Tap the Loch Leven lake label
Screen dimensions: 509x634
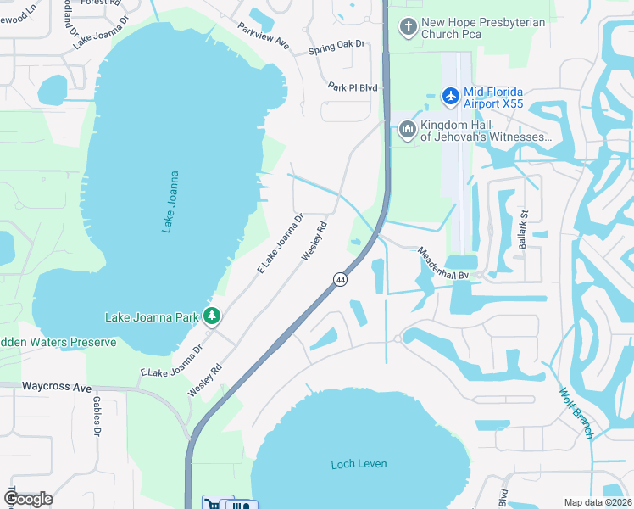(x=359, y=464)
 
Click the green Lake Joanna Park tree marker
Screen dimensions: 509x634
(x=212, y=317)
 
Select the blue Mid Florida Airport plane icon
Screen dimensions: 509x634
(x=450, y=97)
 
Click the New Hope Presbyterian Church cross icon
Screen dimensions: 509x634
(x=408, y=27)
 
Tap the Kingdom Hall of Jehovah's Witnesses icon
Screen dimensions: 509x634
(x=407, y=130)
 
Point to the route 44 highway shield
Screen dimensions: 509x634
(x=340, y=279)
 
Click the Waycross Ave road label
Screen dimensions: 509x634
(x=57, y=387)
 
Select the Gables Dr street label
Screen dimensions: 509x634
(x=97, y=417)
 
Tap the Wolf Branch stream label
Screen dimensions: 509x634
(x=577, y=413)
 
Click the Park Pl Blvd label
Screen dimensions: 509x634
(x=352, y=87)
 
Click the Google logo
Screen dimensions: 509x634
(x=28, y=499)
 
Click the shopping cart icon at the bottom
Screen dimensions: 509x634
(x=213, y=504)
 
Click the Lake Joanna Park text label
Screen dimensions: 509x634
(x=151, y=317)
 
